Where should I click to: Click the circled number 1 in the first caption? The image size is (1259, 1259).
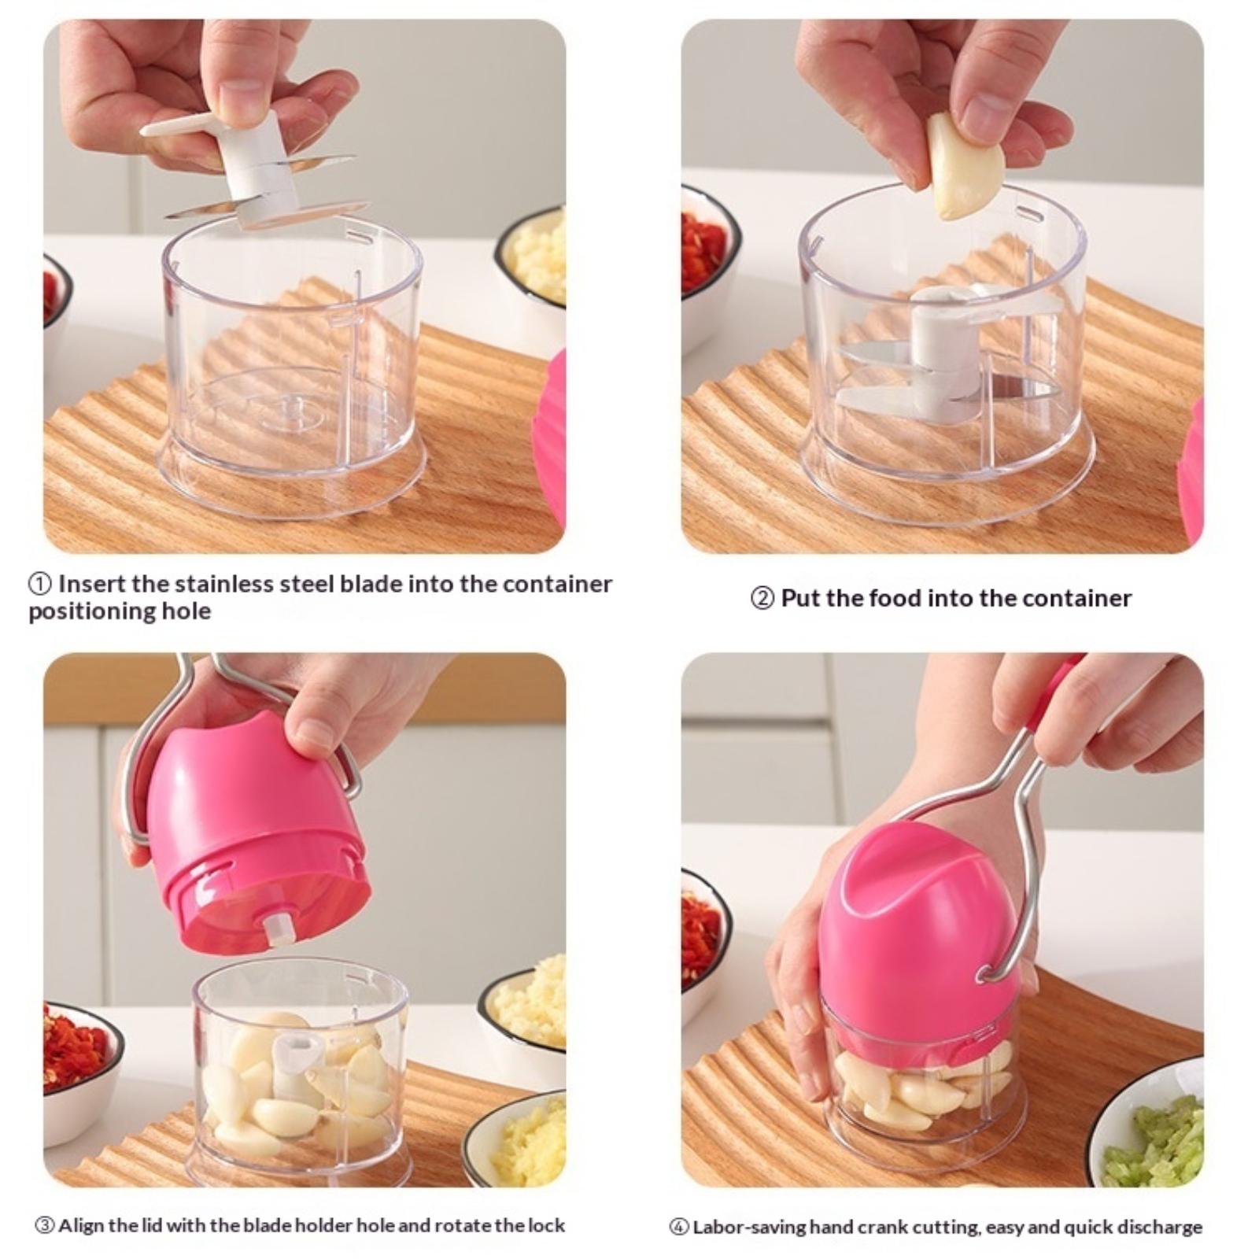pos(40,585)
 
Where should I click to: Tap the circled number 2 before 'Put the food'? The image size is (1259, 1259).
pos(762,599)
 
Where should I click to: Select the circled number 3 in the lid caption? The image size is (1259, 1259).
pos(45,1225)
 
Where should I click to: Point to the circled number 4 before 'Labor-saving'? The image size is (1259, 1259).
pos(678,1227)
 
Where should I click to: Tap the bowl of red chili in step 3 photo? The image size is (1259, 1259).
pos(79,1062)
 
